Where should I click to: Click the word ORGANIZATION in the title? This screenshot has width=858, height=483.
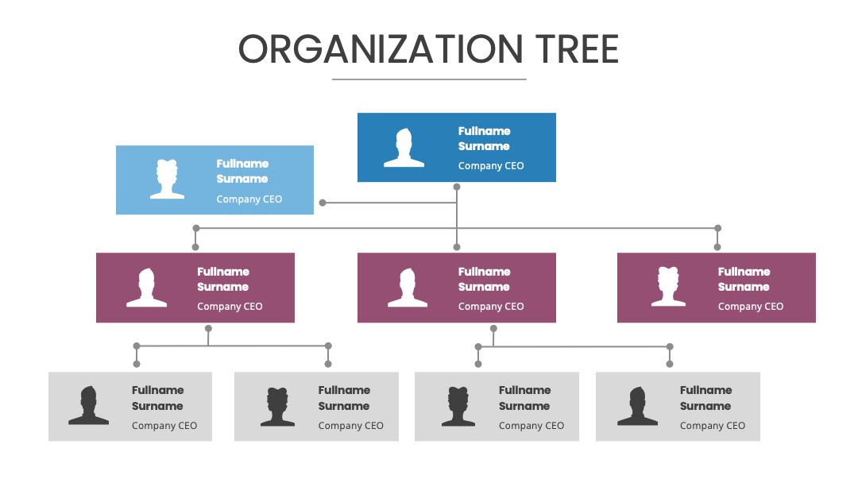(x=381, y=49)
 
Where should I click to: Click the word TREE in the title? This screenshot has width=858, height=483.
(x=578, y=49)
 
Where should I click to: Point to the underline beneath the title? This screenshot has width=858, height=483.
(x=429, y=79)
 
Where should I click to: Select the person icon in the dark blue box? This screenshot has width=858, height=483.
(x=404, y=148)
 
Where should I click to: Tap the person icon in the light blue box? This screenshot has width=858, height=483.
(x=167, y=179)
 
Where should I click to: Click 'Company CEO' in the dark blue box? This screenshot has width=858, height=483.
(x=491, y=166)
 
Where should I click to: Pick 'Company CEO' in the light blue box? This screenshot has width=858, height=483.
(x=249, y=199)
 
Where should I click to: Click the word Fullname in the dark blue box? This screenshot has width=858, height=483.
(x=485, y=131)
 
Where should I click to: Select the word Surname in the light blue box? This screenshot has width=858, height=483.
(x=242, y=179)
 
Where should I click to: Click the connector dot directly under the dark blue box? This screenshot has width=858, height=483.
(x=457, y=187)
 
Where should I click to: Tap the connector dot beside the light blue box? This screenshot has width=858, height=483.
(x=323, y=203)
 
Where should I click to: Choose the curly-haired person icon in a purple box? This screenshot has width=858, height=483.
(x=668, y=286)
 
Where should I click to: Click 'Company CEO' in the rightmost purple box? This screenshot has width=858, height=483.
(x=751, y=307)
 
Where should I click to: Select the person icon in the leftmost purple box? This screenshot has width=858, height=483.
(x=147, y=288)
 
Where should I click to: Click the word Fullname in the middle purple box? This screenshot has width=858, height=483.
(x=485, y=272)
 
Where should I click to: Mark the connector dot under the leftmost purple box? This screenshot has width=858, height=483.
(x=208, y=329)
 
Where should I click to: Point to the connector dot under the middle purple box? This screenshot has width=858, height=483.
(x=493, y=329)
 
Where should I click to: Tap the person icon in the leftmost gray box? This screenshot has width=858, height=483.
(x=89, y=405)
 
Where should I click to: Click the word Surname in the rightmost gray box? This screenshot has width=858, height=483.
(x=705, y=407)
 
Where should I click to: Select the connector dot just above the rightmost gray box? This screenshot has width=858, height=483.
(x=670, y=365)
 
